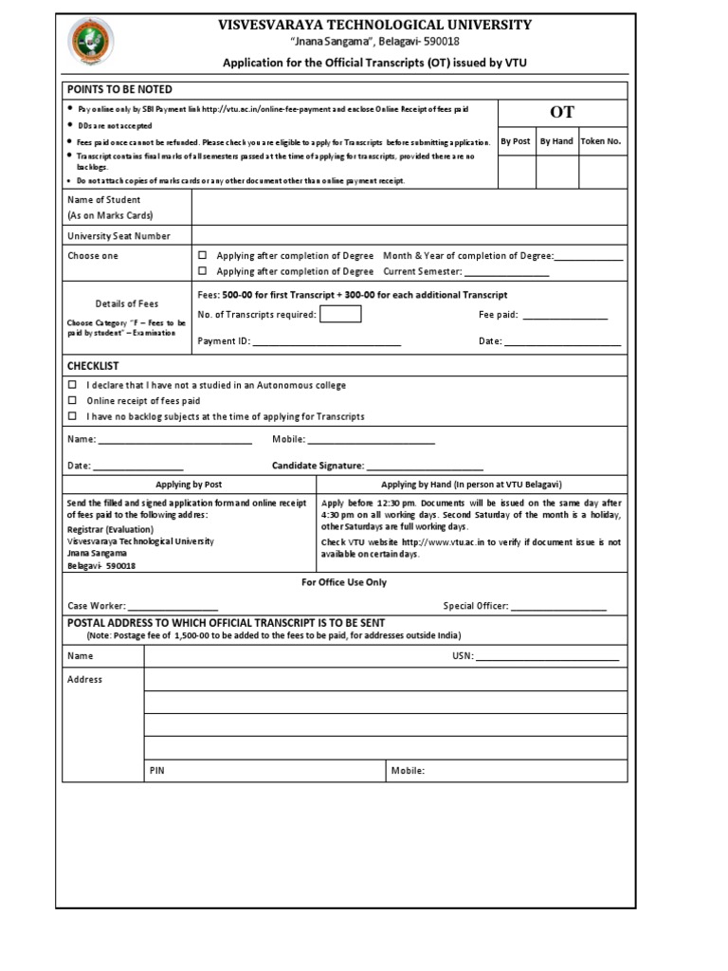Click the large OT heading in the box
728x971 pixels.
[x=562, y=112]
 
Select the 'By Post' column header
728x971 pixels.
[x=515, y=141]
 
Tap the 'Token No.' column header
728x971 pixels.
[x=601, y=141]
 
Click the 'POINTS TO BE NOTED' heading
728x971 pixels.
[x=119, y=89]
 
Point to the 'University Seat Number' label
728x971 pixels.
[x=118, y=235]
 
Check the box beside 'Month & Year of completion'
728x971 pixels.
[x=202, y=256]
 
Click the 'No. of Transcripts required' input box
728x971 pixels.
[x=339, y=315]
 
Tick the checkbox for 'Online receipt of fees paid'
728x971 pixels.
[x=73, y=401]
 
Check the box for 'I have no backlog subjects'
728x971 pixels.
[x=73, y=416]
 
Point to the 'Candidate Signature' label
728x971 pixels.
[x=318, y=466]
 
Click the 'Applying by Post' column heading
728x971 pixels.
[x=189, y=484]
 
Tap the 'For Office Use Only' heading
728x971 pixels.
[x=344, y=582]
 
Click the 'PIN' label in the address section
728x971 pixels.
[x=157, y=771]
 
